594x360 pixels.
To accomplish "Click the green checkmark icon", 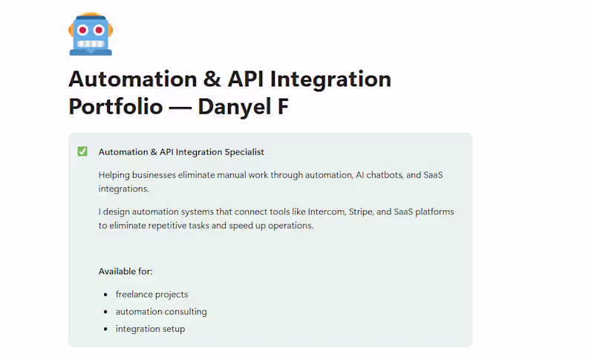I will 82,151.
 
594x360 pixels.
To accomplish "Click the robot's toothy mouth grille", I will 90,43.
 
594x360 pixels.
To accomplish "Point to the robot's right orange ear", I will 110,29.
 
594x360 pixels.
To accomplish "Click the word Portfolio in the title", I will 115,105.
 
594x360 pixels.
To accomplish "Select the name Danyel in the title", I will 235,105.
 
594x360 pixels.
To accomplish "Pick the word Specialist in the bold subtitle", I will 240,152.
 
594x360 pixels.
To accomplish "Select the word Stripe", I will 358,212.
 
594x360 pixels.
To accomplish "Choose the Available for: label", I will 125,272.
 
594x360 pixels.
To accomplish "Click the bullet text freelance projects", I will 151,295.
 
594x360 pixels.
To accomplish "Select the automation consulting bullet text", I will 161,312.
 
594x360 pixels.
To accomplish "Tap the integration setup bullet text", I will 150,329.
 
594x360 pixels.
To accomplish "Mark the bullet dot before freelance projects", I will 107,295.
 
